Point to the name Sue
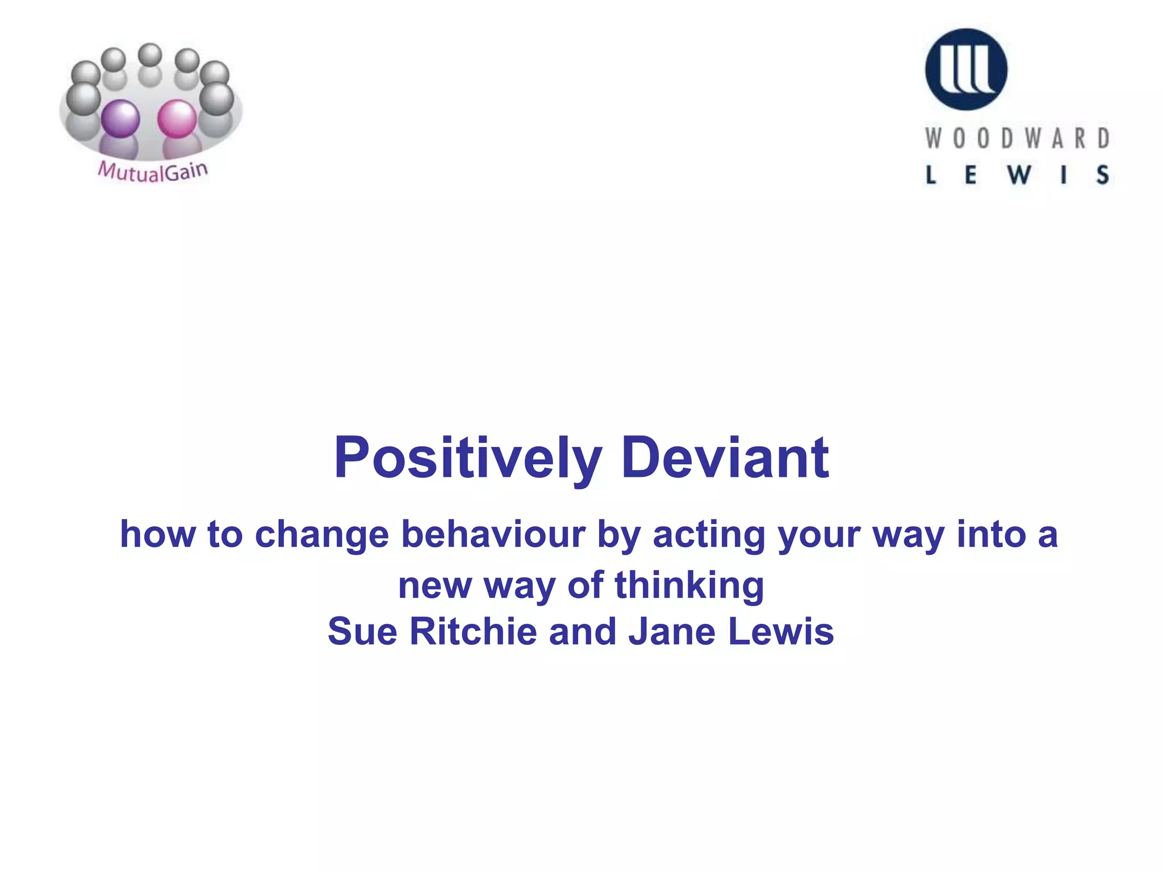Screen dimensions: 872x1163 tap(362, 631)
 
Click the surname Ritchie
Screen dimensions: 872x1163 tap(473, 631)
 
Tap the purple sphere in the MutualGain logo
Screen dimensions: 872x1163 tap(120, 119)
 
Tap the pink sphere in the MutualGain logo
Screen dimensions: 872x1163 tap(177, 119)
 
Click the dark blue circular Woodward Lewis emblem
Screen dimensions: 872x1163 tap(966, 69)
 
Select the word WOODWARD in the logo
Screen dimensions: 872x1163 tap(1017, 139)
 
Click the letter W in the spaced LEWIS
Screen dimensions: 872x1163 tap(1019, 175)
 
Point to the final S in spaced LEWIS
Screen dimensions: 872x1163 tap(1102, 175)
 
